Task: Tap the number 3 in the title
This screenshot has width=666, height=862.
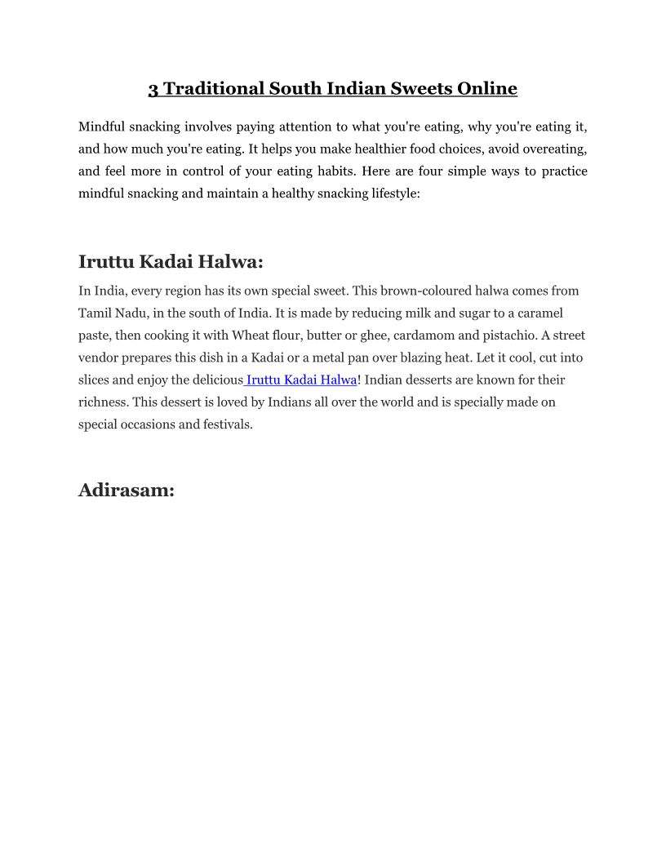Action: click(x=153, y=88)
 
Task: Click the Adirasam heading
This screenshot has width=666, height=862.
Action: click(x=127, y=490)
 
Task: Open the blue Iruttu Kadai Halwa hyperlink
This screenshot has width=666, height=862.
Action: click(x=301, y=380)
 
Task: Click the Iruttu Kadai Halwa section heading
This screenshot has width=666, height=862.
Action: click(x=171, y=262)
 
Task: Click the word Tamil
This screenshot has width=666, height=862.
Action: click(x=95, y=313)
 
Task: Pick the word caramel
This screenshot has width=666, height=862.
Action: click(x=537, y=313)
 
